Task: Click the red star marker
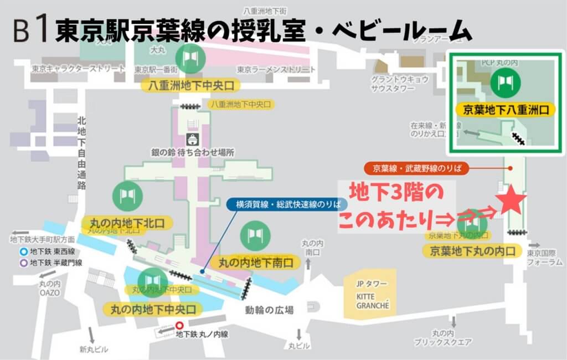(509, 202)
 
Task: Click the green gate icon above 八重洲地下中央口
(190, 57)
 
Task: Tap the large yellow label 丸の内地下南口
(256, 262)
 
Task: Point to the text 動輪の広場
(269, 310)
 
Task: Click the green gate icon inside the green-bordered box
(505, 82)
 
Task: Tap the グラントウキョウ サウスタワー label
(400, 84)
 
